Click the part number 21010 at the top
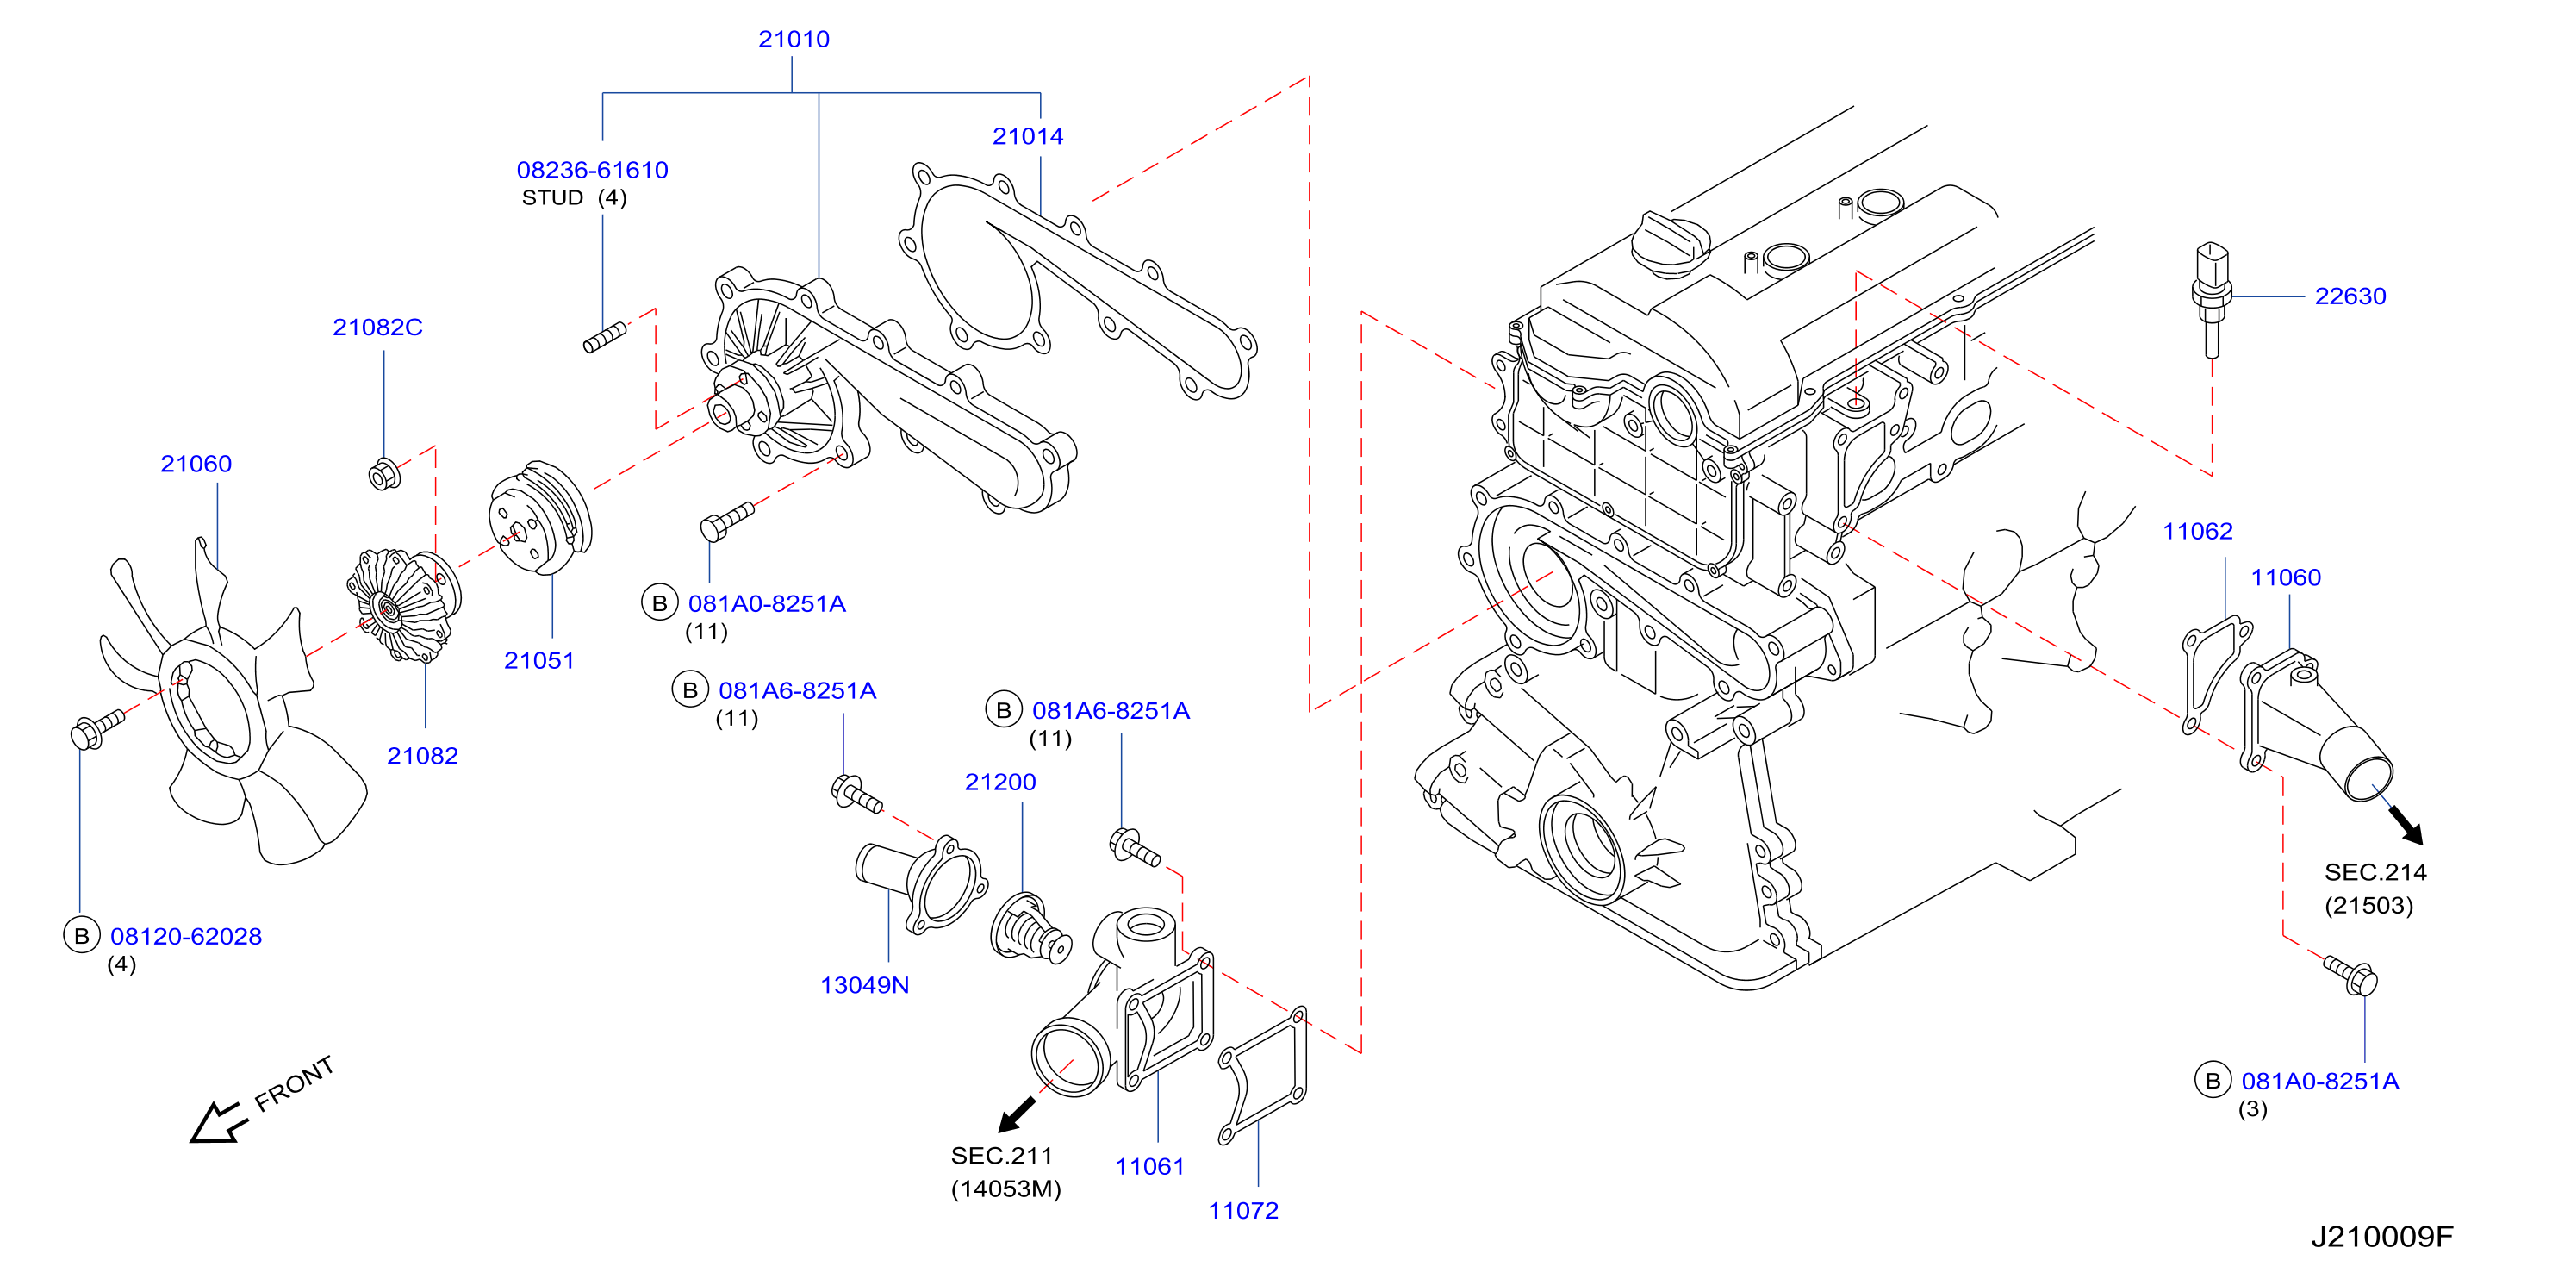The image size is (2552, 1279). (794, 40)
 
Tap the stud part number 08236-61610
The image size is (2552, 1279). (593, 171)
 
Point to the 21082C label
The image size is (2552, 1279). (377, 327)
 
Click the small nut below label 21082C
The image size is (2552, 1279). (383, 475)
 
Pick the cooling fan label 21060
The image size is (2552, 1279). (196, 464)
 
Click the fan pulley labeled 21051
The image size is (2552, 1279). (540, 518)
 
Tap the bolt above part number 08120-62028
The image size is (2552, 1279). (96, 729)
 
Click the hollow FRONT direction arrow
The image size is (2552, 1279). (218, 1122)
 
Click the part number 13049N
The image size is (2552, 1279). (864, 985)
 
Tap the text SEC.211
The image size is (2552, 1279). (1000, 1155)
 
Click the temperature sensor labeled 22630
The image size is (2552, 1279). (2211, 298)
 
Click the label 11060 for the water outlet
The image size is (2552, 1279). (2286, 577)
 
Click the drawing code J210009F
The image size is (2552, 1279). (2381, 1237)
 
